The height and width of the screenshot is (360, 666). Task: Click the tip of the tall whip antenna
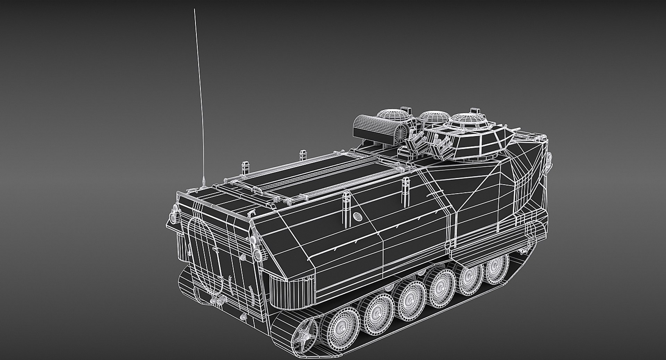(x=195, y=10)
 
